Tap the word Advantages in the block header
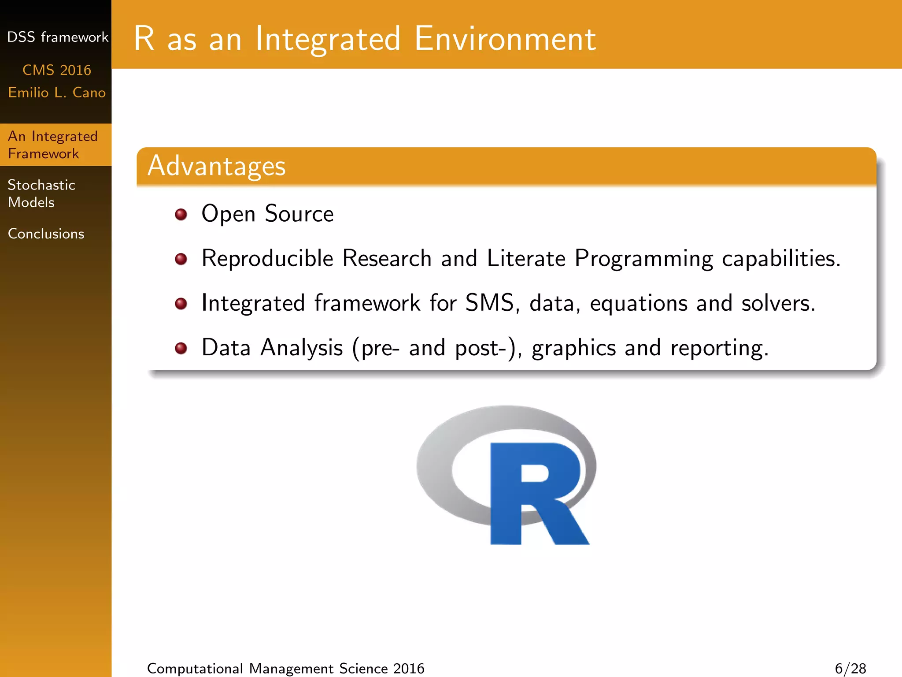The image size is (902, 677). coord(216,166)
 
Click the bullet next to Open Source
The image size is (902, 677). coord(181,215)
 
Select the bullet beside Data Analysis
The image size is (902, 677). coord(181,349)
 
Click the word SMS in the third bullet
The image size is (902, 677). coord(489,303)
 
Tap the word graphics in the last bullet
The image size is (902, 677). coord(573,348)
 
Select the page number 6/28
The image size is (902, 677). coord(850,668)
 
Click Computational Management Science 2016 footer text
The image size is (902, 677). coord(285,668)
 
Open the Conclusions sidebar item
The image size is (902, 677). coord(46,234)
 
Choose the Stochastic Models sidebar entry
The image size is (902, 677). coord(41,193)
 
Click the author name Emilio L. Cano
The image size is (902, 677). coord(57,93)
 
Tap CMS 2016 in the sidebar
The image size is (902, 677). coord(56,70)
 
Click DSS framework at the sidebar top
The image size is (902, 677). coord(57,37)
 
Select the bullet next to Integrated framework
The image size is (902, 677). coord(181,304)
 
